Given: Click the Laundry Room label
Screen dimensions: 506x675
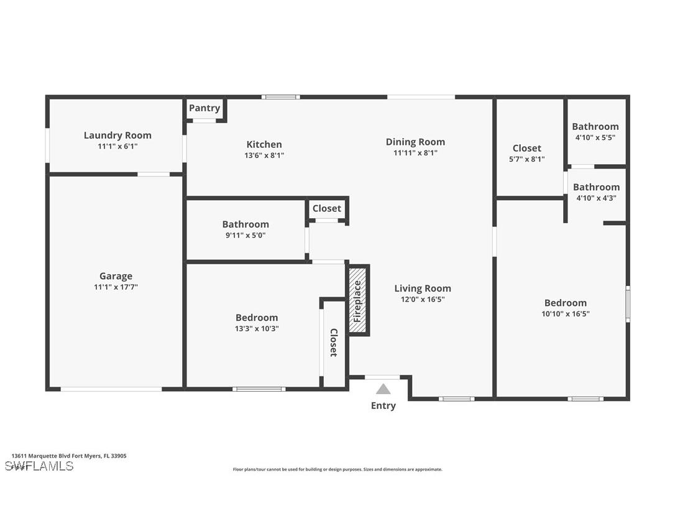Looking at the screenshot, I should coord(117,136).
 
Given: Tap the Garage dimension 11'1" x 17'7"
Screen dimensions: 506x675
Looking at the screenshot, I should coord(116,287).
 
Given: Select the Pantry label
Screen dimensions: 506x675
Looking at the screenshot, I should coord(204,108).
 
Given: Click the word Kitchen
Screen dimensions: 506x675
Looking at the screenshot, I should coord(264,145).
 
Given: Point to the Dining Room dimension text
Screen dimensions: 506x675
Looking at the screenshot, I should coord(415,153).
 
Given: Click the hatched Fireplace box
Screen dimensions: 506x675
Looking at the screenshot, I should coord(358,301).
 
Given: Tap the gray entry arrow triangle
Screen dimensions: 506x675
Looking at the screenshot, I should coord(383,389).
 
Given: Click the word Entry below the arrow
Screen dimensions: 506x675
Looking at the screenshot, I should coord(383,406).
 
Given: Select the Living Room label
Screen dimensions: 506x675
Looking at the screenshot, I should coord(423,288).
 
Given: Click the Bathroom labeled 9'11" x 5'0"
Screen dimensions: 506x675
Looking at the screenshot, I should coord(246,224).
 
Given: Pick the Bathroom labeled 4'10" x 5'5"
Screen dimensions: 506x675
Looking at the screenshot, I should coord(595,127).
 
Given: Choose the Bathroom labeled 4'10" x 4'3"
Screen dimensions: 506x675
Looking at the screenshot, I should coord(596,187).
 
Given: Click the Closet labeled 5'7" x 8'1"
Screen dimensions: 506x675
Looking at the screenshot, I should coord(527,149).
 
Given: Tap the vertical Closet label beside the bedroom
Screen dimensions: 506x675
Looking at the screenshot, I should coord(334,343).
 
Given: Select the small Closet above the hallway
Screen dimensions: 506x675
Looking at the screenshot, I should coord(327,209).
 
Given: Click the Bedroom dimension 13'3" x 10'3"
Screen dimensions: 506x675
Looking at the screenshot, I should coord(257,329).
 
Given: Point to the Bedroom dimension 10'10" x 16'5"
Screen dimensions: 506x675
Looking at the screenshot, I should coord(565,314).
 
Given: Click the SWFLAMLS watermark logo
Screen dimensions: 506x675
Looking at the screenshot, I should coord(39,466).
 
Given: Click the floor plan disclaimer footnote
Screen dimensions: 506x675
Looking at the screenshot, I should coord(337,470).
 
